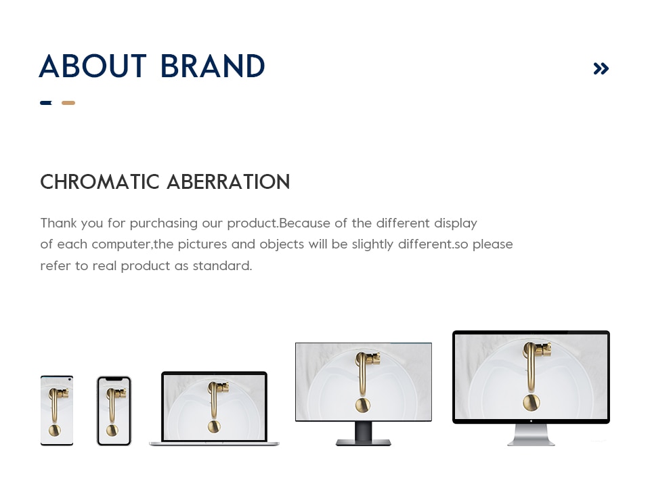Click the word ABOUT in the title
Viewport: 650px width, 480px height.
tap(93, 66)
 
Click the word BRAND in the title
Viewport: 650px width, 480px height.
tap(213, 66)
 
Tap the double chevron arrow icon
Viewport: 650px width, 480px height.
tap(601, 68)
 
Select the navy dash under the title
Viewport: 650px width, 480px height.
tap(46, 103)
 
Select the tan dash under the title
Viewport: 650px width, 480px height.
tap(68, 103)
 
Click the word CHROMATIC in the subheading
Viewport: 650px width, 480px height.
tap(100, 182)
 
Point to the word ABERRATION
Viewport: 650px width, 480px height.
tap(228, 182)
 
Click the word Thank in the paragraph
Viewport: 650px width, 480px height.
tap(58, 223)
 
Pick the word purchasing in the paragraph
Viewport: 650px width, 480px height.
tap(164, 224)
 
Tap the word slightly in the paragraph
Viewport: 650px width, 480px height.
tap(372, 244)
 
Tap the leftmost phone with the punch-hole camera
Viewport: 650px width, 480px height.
tap(57, 410)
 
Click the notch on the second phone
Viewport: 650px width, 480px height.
tap(114, 379)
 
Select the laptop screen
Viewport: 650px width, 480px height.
tap(215, 407)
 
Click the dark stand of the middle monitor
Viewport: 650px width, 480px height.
tap(364, 433)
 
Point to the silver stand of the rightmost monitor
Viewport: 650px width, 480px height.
tap(531, 435)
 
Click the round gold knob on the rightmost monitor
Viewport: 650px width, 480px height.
tap(531, 402)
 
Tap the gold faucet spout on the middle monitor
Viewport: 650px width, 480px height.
tap(362, 374)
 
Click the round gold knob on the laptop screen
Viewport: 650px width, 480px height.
tap(214, 426)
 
